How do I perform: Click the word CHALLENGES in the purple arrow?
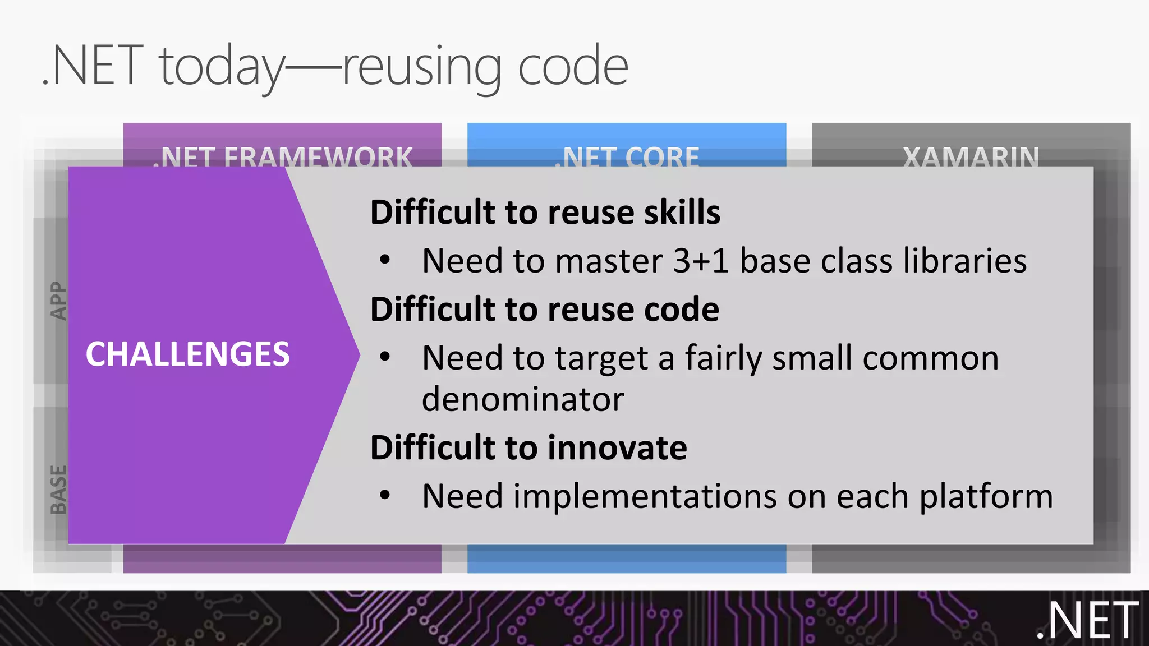click(x=187, y=354)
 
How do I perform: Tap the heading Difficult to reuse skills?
click(x=545, y=213)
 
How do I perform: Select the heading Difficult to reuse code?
click(x=544, y=310)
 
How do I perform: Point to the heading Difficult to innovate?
click(x=528, y=448)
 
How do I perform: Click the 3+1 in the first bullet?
click(x=701, y=261)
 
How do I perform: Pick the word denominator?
click(x=522, y=400)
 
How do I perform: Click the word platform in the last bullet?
click(x=986, y=497)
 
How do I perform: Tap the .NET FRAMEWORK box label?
click(x=283, y=156)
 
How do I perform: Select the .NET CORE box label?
click(x=627, y=156)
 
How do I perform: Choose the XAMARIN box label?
click(x=971, y=156)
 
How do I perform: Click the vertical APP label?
click(x=58, y=301)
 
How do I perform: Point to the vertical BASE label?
click(x=58, y=489)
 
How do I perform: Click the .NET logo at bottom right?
click(x=1087, y=621)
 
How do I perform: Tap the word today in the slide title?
click(x=222, y=67)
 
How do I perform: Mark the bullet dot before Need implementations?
click(x=384, y=495)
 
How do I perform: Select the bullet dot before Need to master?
click(x=384, y=260)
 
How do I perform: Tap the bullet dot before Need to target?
click(x=384, y=357)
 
